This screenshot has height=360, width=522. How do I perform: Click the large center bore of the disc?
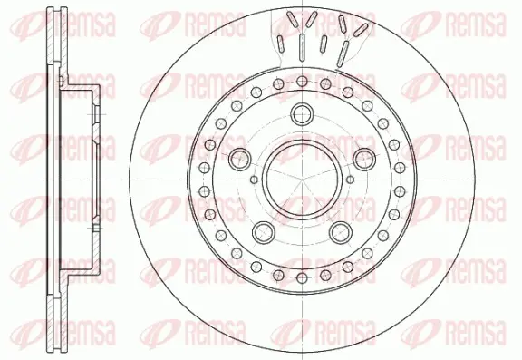302,180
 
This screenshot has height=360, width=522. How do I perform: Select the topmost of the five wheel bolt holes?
302,114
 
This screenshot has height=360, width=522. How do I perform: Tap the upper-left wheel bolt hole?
239,159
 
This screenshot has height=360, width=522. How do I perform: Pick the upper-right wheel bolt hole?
364,159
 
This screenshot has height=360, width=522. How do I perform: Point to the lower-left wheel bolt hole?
264,232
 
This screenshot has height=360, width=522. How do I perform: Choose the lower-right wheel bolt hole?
341,232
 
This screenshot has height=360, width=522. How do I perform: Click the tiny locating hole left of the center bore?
254,180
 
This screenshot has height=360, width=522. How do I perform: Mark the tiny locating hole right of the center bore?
350,180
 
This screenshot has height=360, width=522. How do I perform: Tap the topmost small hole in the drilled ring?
302,81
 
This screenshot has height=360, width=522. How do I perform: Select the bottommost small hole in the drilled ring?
302,277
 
